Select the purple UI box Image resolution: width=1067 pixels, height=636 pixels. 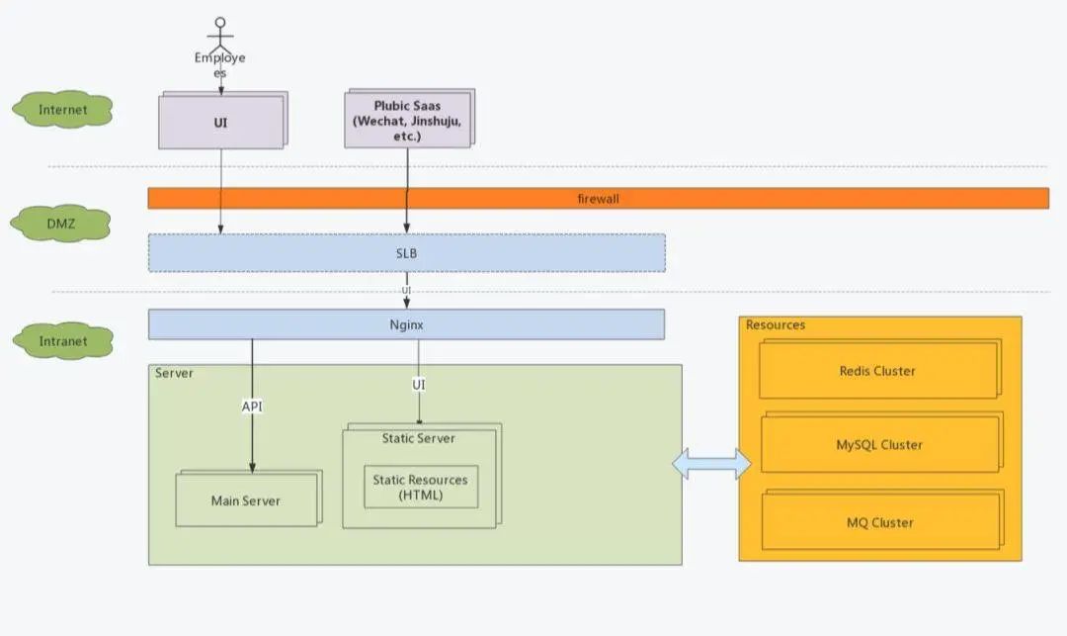coord(220,122)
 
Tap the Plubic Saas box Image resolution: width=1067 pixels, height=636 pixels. coord(407,120)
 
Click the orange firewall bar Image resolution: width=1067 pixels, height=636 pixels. coord(598,199)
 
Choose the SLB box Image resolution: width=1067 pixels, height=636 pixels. coord(406,253)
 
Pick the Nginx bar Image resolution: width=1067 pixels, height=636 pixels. coord(406,324)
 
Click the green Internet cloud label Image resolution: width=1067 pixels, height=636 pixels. coord(63,110)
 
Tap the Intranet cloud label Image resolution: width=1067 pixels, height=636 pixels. coord(63,341)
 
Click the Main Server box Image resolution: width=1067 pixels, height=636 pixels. coord(246,500)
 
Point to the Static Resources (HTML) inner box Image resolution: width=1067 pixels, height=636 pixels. coord(420,487)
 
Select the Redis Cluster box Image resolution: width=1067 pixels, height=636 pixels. coord(877,371)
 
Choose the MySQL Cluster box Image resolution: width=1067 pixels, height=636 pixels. coord(879,445)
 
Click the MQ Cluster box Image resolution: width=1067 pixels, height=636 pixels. coord(879,522)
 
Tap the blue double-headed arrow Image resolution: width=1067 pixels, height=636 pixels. coord(711,464)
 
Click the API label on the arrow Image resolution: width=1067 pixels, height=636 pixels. coord(252,407)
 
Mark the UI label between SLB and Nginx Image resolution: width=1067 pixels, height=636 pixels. coord(406,290)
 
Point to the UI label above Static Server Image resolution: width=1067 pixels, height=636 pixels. coord(419,383)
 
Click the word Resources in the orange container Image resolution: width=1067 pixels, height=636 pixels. coord(776,324)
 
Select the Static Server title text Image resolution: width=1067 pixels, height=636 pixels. coord(419,437)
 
